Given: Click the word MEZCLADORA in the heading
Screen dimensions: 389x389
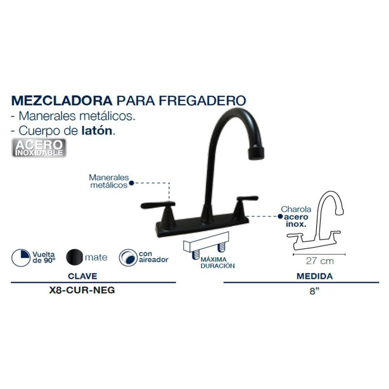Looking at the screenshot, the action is [62, 101].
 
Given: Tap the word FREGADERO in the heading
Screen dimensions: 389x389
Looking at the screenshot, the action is [202, 101].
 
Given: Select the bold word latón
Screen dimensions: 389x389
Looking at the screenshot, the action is [97, 131].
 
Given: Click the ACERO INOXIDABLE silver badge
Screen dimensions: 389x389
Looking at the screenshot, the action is [39, 148].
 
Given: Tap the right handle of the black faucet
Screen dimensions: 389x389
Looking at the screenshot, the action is [245, 206].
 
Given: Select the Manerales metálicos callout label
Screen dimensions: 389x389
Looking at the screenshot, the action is [109, 181].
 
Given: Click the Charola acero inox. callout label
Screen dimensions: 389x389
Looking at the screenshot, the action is [296, 216].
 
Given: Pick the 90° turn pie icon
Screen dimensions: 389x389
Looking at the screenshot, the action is [21, 258].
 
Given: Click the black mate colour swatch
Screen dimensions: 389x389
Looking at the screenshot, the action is [74, 257].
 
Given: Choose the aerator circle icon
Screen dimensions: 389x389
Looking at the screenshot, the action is [128, 258].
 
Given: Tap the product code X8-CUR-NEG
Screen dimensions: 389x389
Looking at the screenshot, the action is [82, 290].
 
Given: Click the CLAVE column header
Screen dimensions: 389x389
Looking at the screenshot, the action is [82, 276].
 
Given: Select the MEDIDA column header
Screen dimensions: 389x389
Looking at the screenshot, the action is [315, 276].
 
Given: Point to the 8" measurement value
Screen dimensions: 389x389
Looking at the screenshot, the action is [314, 290].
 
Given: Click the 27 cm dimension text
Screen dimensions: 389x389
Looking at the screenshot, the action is [319, 261].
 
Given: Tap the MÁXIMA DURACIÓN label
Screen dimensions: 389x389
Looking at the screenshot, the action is [217, 263].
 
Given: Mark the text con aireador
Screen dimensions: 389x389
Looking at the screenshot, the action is [153, 257].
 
